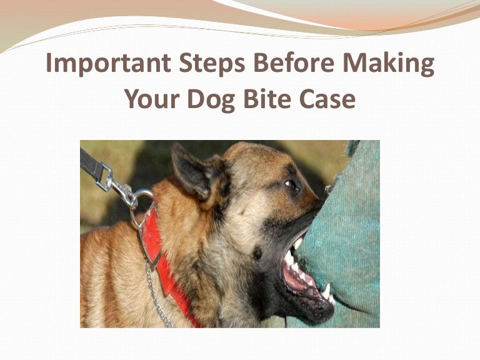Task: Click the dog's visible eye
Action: point(291,186)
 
